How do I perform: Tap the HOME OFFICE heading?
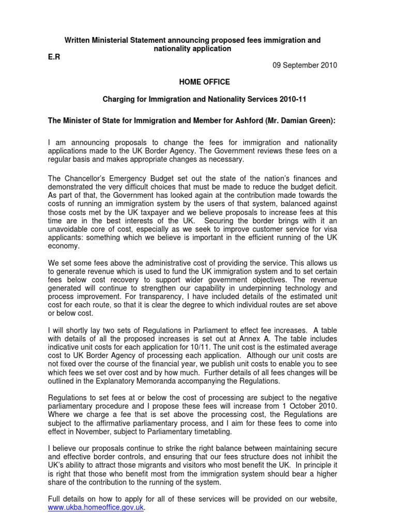197,82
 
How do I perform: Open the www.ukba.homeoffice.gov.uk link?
92,508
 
